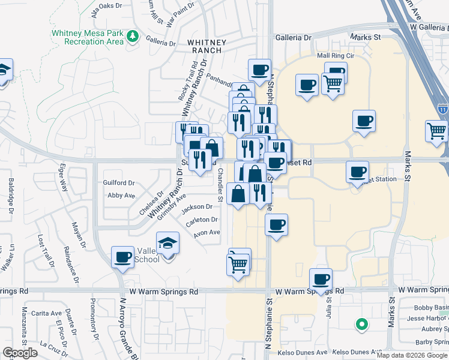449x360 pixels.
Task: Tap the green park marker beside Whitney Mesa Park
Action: pos(133,37)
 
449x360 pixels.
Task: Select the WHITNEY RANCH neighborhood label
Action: pos(206,46)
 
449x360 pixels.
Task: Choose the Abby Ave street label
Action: pos(121,196)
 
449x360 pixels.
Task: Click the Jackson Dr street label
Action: pos(197,208)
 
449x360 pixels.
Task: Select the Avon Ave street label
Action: pos(206,233)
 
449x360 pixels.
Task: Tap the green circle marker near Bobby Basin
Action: pos(361,325)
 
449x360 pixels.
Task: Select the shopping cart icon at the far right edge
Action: pos(436,131)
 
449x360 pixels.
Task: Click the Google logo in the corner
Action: pos(20,353)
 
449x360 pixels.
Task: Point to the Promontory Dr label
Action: pos(95,316)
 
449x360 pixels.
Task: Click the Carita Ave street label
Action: pos(47,313)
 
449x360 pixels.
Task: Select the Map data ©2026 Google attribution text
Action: pos(411,355)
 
